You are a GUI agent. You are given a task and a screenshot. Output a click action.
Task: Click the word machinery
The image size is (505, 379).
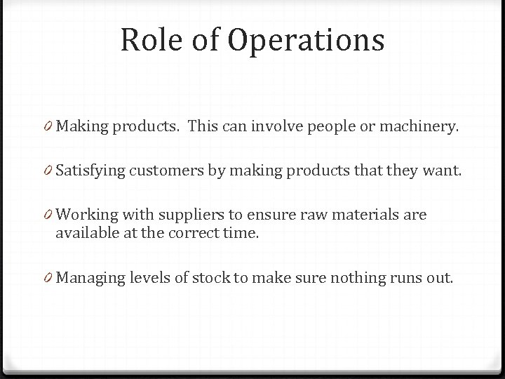point(424,127)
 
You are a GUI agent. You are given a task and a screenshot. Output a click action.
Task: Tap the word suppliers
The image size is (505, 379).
point(191,214)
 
